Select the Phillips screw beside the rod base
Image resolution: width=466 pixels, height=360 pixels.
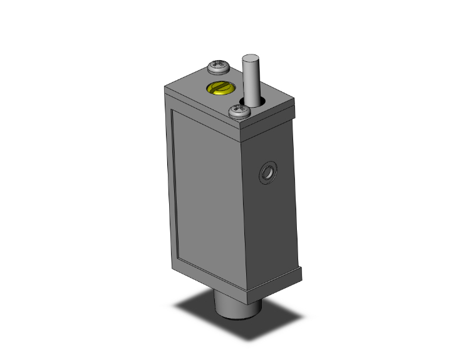239,111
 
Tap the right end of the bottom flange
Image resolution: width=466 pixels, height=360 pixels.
303,271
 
